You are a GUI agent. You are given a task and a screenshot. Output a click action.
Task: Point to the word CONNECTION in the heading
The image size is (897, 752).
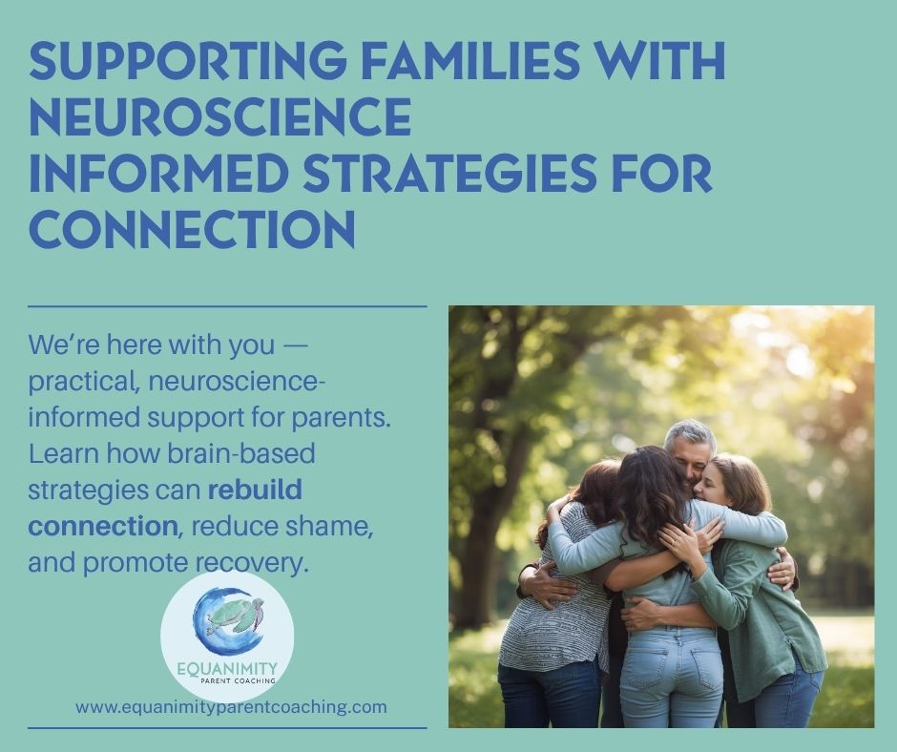click(192, 228)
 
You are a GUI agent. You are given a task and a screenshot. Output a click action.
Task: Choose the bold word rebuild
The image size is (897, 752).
click(255, 490)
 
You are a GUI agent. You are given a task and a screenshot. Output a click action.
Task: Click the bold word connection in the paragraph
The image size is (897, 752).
click(102, 526)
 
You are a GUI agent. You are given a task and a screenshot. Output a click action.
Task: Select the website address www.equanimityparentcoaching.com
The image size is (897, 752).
click(231, 707)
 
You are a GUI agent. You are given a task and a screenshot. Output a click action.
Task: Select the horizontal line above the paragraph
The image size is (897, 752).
click(227, 306)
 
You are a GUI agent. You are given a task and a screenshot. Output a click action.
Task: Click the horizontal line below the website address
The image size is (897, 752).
click(227, 728)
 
